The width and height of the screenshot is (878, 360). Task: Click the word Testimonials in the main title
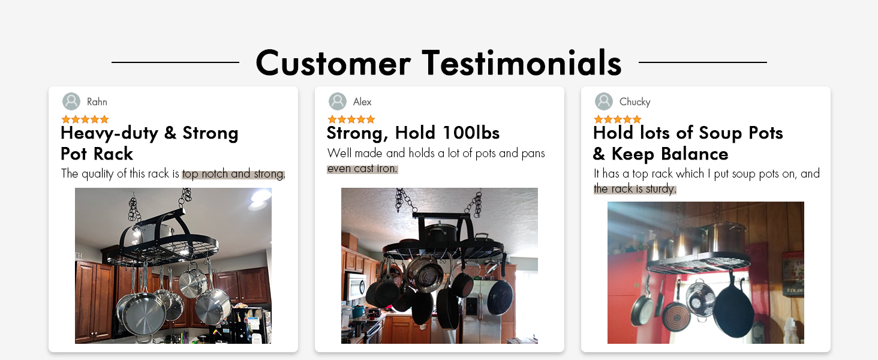522,63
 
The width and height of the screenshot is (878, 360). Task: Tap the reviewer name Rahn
97,102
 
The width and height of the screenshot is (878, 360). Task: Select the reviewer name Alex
362,102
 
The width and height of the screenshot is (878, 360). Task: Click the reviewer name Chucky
635,102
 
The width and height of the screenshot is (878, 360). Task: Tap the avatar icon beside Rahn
71,101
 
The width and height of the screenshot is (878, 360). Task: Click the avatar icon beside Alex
338,101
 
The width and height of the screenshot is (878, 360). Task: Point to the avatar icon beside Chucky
603,101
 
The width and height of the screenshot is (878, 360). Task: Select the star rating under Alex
351,119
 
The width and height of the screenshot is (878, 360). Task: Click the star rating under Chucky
617,119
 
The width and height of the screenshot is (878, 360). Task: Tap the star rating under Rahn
85,119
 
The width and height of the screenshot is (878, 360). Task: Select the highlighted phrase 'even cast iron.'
362,169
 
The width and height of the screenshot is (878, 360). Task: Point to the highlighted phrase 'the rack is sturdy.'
635,188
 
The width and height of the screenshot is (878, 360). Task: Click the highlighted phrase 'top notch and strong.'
234,174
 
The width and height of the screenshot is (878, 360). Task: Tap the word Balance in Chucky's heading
694,154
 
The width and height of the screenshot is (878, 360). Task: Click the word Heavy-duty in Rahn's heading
109,133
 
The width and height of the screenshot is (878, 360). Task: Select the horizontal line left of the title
175,62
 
